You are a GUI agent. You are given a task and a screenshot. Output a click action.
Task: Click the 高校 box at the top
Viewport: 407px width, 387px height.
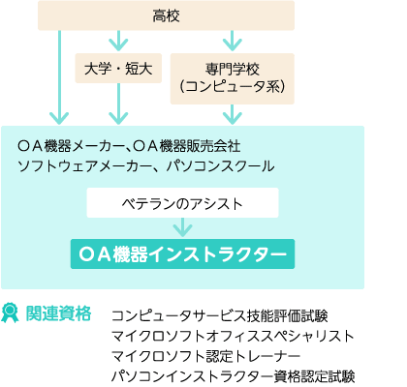click(x=166, y=15)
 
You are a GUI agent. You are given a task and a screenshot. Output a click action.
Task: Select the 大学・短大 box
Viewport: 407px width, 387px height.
click(x=118, y=69)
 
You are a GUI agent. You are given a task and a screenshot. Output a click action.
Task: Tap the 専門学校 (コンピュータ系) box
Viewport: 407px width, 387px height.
click(x=233, y=78)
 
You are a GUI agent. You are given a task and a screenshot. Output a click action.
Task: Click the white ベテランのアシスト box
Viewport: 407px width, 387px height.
click(x=182, y=203)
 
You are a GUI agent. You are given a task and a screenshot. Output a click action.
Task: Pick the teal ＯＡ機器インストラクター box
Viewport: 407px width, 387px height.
click(x=182, y=254)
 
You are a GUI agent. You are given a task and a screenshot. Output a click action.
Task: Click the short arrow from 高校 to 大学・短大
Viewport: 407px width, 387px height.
click(x=118, y=41)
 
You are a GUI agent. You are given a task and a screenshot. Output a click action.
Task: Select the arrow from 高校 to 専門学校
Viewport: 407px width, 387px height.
click(x=233, y=41)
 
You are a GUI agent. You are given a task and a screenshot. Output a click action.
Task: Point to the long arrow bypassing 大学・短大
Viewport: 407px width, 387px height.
click(x=59, y=77)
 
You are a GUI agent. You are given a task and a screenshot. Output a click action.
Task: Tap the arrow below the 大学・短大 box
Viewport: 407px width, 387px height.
click(x=118, y=104)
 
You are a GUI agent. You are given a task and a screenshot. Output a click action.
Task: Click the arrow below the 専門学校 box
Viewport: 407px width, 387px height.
click(x=233, y=114)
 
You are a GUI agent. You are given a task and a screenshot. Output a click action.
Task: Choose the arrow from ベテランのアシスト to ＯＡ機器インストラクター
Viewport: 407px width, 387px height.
click(x=182, y=227)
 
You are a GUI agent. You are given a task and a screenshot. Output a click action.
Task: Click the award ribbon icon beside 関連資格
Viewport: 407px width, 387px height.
click(x=11, y=313)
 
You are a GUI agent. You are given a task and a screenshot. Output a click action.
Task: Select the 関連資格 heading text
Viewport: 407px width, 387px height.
click(x=58, y=313)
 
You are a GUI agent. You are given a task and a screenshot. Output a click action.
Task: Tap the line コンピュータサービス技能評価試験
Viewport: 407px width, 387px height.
click(x=220, y=316)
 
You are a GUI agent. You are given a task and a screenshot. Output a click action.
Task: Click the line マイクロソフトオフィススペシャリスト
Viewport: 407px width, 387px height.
click(x=233, y=336)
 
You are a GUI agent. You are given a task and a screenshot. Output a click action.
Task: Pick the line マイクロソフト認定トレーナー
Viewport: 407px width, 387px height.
click(x=206, y=356)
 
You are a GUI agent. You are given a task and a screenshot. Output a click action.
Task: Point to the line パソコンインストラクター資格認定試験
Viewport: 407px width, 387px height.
click(x=234, y=376)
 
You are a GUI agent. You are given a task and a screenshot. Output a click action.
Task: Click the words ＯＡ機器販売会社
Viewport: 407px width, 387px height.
click(x=187, y=146)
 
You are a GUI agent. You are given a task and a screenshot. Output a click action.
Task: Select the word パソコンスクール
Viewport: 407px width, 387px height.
click(x=220, y=166)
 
